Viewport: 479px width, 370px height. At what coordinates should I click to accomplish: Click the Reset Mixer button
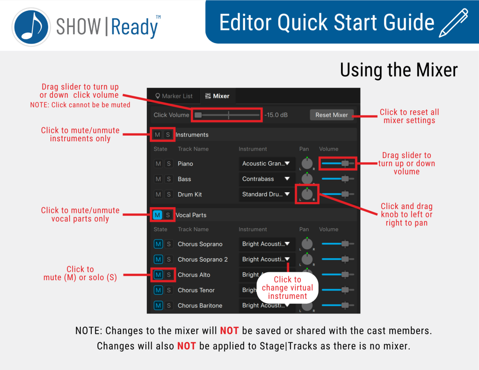[332, 115]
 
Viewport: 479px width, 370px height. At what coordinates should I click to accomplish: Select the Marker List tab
[174, 96]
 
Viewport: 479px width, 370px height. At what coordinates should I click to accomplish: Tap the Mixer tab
[217, 96]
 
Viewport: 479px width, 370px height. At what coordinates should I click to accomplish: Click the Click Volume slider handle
[198, 115]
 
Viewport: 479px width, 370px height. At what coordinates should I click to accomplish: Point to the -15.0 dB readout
[276, 115]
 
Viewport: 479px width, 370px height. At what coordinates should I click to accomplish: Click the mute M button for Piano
[158, 163]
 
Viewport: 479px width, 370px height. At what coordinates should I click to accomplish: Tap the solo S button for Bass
[168, 179]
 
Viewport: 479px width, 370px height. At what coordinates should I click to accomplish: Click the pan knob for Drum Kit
[307, 194]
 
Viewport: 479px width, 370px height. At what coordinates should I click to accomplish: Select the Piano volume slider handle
[345, 163]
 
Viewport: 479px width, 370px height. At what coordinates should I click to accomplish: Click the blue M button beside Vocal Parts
[157, 215]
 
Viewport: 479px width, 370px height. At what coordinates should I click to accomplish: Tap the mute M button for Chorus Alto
[158, 275]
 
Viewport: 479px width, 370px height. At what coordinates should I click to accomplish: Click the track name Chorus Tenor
[196, 290]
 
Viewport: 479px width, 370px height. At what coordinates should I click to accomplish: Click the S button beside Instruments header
[168, 135]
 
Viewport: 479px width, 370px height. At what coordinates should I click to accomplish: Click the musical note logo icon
[31, 27]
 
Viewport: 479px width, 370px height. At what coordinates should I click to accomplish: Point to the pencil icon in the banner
[454, 23]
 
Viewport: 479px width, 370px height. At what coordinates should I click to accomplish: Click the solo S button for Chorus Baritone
[168, 305]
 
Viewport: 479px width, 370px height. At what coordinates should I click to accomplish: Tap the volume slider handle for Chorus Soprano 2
[345, 259]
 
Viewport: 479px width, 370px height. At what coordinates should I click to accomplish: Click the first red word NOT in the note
[229, 331]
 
